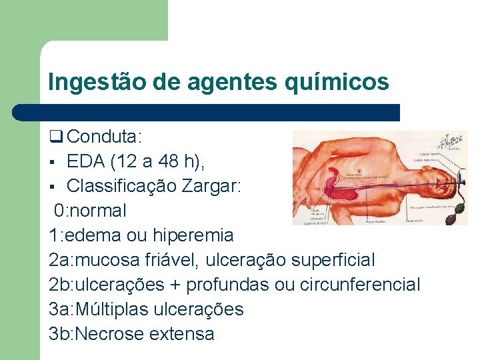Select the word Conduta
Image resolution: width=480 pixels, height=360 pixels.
pos(103,137)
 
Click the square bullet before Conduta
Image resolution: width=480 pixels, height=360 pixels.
pos(55,137)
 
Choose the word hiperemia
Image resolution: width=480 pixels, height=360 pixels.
pos(193,235)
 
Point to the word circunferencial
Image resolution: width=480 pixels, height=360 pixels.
pos(360,285)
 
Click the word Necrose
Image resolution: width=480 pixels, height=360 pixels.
pos(113,334)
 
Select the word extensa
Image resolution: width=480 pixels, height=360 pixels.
pos(185,334)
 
